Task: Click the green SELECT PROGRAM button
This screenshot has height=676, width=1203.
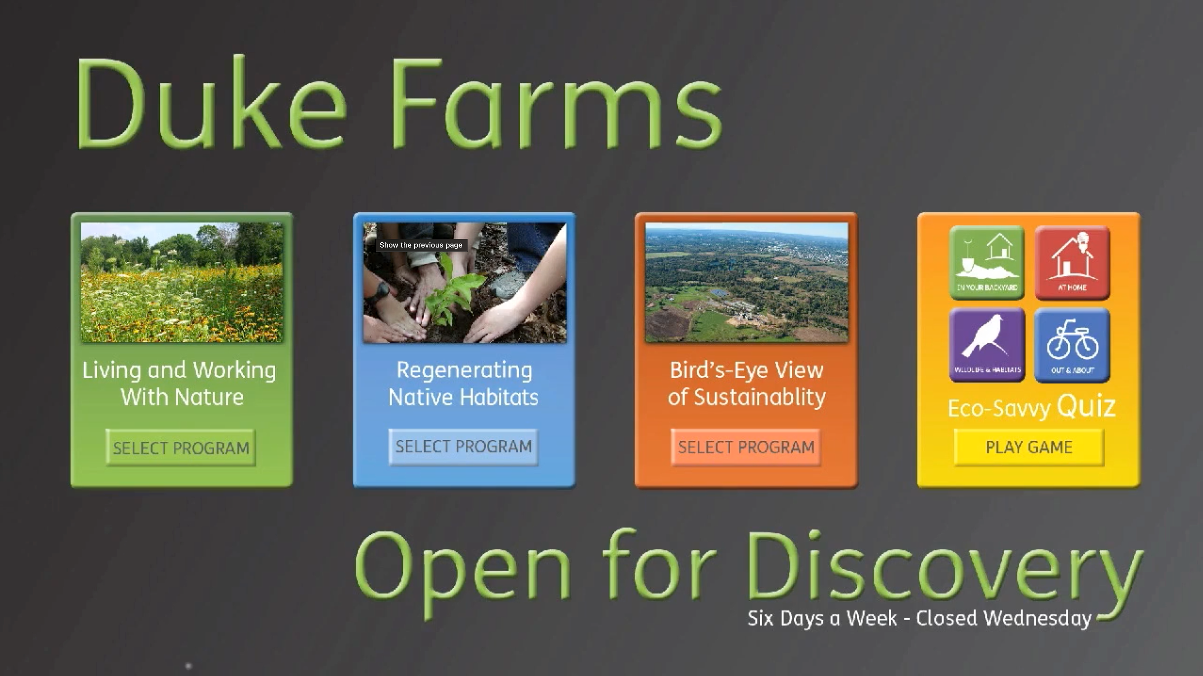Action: tap(181, 448)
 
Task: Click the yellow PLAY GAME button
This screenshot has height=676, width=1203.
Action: tap(1029, 447)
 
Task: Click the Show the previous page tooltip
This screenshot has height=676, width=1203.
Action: tap(421, 245)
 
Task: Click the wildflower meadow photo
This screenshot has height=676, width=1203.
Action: tap(182, 283)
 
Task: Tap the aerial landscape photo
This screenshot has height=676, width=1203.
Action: tap(746, 283)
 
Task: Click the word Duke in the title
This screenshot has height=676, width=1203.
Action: tap(210, 105)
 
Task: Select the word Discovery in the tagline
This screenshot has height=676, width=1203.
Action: tap(943, 567)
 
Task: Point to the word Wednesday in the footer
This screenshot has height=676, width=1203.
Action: tap(1037, 619)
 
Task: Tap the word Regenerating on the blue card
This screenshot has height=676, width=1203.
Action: tap(464, 370)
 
